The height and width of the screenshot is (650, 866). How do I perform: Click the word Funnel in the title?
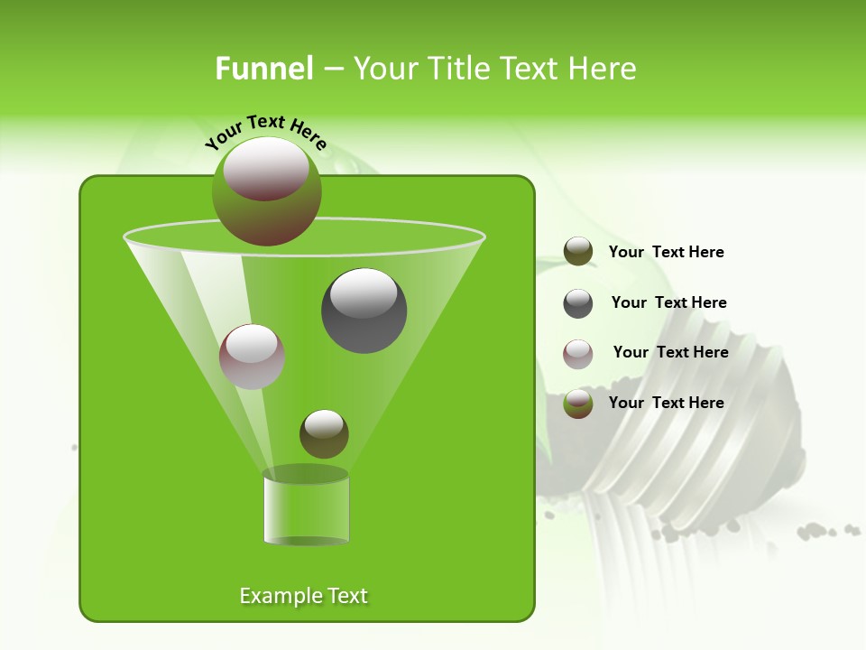coord(263,69)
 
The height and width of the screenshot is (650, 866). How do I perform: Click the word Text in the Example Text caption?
coord(345,596)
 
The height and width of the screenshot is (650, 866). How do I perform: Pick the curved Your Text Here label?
coord(265,132)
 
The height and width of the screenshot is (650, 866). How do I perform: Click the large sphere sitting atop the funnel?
coord(266,190)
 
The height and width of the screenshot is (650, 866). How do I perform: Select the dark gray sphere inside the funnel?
coord(364,310)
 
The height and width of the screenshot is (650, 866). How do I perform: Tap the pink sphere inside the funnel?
coord(252,356)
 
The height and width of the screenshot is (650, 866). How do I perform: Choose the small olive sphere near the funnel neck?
coord(324,433)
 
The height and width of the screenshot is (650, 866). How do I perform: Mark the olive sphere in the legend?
coord(578,252)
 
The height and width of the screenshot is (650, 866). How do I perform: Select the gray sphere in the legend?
coord(578,302)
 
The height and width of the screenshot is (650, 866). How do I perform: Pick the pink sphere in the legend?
coord(578,353)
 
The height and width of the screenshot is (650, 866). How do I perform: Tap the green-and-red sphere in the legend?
coord(578,403)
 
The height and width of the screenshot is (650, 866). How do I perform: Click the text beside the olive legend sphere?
coord(666,252)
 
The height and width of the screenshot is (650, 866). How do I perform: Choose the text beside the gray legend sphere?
coord(668,302)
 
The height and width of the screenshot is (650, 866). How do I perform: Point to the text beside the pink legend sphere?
coord(670,352)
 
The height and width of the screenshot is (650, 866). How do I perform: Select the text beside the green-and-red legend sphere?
coord(666,403)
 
